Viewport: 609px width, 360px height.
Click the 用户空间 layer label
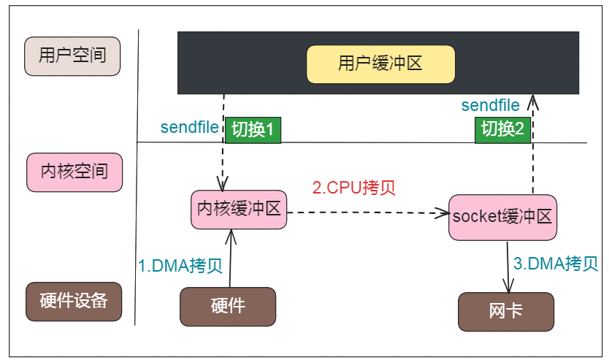coord(72,56)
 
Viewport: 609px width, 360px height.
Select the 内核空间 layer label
coord(74,172)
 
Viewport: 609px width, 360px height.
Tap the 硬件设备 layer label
coord(74,301)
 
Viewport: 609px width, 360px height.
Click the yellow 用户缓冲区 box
coord(380,64)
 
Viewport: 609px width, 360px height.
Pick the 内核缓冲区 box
coord(239,209)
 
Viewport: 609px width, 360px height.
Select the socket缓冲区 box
coord(502,217)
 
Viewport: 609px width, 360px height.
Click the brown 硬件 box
coord(228,306)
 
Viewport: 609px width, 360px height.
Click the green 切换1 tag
coord(253,129)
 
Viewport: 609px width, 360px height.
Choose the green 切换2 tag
coord(502,129)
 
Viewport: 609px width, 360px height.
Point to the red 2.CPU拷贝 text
coord(354,187)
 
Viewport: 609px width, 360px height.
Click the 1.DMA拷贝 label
coord(180,265)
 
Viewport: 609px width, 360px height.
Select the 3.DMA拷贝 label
coord(556,264)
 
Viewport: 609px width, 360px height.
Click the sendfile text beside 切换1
coord(189,128)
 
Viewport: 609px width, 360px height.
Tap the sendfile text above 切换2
coord(491,106)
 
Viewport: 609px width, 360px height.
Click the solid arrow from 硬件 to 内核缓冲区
coord(231,259)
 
